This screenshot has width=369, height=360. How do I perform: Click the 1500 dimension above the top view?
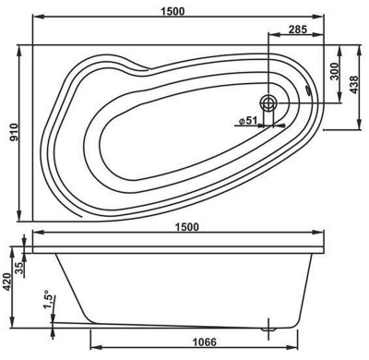tap(173, 11)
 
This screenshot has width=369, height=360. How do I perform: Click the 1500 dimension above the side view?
tap(186, 227)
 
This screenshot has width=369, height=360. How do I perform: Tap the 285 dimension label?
tap(298, 30)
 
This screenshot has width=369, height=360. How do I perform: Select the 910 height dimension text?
tap(14, 132)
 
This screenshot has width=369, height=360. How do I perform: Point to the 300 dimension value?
tap(334, 71)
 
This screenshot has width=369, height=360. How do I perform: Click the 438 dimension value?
tap(354, 85)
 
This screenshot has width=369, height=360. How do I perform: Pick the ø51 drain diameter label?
tap(247, 120)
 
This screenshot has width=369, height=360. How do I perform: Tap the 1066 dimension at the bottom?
tap(205, 342)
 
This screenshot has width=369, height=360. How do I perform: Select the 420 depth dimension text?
tap(6, 282)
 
